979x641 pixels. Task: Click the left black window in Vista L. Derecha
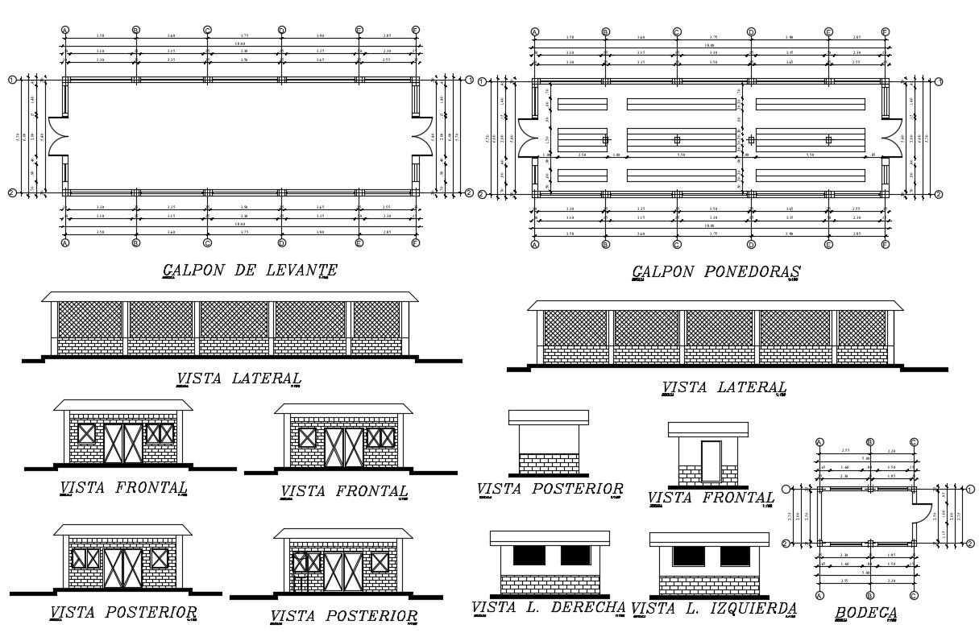[529, 555]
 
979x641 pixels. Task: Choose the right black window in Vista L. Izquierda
[734, 556]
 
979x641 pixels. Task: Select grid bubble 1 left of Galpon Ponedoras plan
[483, 81]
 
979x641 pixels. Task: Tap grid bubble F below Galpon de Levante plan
[416, 242]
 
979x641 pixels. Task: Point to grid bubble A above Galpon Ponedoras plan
[534, 32]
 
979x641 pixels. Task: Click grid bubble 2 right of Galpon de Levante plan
[469, 192]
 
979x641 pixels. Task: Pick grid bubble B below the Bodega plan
[869, 596]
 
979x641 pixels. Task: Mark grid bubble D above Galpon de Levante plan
[282, 31]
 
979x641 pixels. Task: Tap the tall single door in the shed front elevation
[711, 461]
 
